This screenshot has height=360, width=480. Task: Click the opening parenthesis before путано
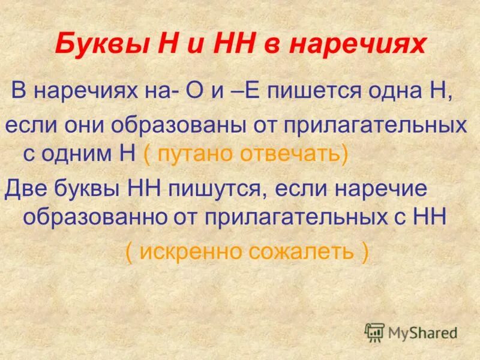point(147,154)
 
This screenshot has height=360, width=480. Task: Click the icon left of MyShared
point(374,332)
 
